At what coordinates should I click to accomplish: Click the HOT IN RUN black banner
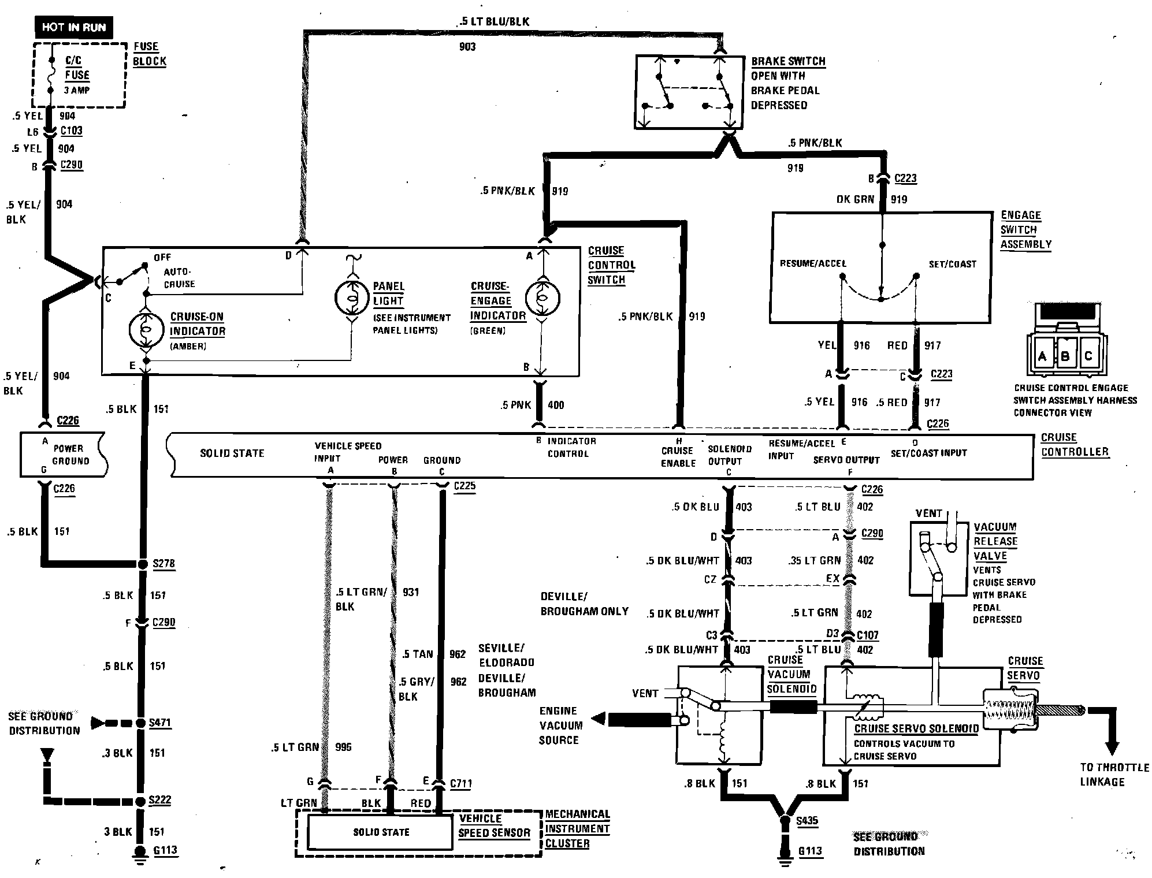click(x=73, y=27)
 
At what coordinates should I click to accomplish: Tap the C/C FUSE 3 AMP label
click(x=77, y=75)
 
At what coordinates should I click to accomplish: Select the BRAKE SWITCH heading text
click(x=787, y=61)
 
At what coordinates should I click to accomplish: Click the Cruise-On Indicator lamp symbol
click(x=146, y=329)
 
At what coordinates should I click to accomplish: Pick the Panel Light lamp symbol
click(x=351, y=297)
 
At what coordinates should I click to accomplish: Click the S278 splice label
click(x=163, y=564)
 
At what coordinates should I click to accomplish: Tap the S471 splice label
click(x=160, y=723)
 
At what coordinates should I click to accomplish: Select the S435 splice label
click(x=807, y=821)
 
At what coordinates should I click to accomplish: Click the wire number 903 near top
click(x=467, y=47)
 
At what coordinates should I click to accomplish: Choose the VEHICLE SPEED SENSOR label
click(x=494, y=825)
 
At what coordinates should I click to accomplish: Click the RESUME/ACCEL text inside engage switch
click(x=813, y=264)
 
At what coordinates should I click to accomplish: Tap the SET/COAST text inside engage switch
click(x=952, y=265)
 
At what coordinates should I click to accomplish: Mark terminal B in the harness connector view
click(x=1065, y=356)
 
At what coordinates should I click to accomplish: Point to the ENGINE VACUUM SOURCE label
click(x=560, y=726)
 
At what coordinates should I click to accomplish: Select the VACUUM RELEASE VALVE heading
click(x=995, y=541)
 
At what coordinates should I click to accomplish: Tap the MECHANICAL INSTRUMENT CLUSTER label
click(x=577, y=829)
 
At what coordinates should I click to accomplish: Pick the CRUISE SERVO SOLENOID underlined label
click(x=916, y=729)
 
